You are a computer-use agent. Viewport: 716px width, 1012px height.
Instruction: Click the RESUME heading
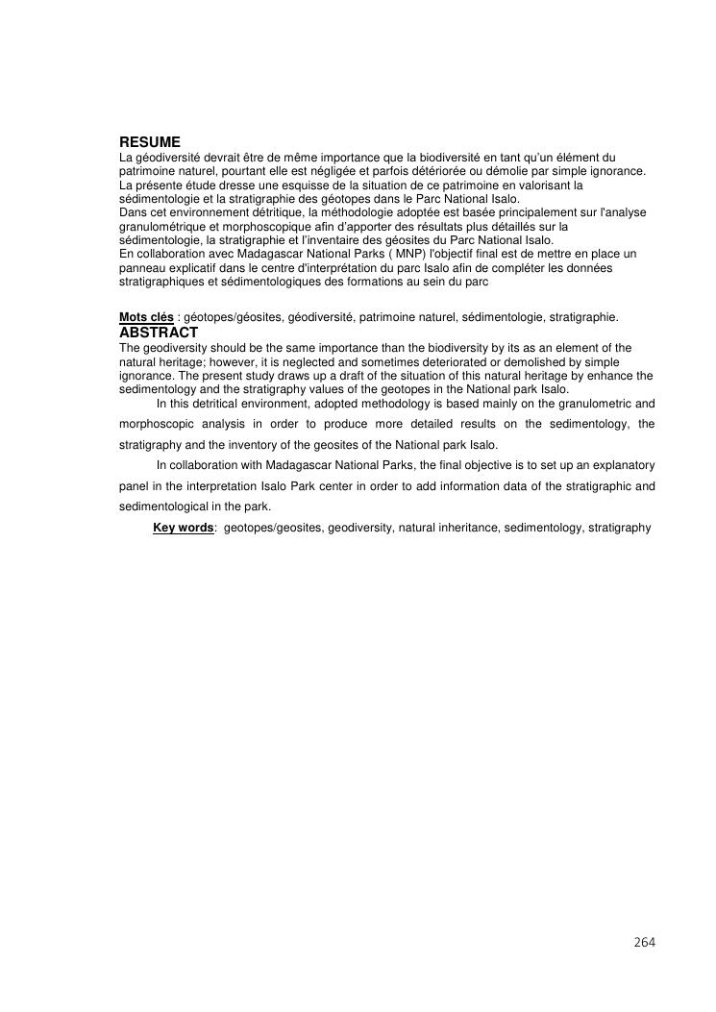tap(150, 141)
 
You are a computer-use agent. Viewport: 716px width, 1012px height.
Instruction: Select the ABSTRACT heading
tap(159, 332)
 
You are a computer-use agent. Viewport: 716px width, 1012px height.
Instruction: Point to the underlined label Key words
tap(183, 528)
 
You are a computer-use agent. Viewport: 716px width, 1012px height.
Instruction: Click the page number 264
tap(644, 942)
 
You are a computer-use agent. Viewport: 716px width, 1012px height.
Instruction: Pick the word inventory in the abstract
tap(300, 445)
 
